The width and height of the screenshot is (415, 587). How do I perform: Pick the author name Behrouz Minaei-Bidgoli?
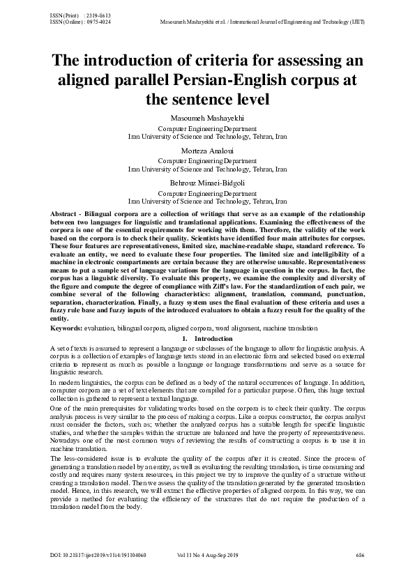pyautogui.click(x=207, y=183)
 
